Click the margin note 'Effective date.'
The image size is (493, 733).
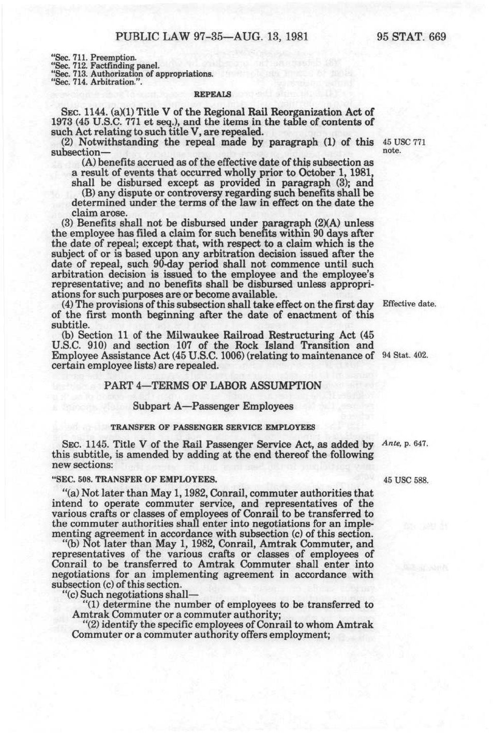tap(409, 304)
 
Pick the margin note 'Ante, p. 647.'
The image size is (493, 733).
tap(405, 444)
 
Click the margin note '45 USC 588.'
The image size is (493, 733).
tap(406, 480)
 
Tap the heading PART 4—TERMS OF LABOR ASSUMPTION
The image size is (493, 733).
tap(213, 386)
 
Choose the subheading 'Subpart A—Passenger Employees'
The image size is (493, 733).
tap(213, 407)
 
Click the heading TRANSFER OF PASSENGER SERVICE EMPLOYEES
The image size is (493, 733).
tap(213, 427)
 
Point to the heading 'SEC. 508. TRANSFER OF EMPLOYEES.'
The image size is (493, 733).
tap(134, 480)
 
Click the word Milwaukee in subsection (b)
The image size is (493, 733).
tap(194, 335)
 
